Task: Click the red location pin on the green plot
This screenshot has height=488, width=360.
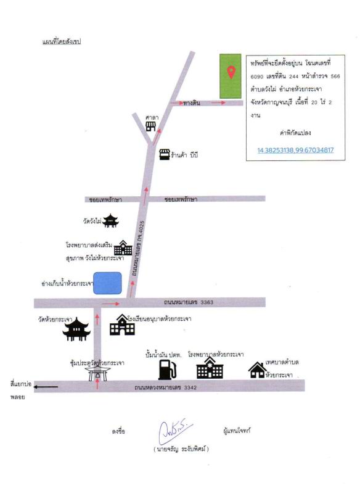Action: point(231,72)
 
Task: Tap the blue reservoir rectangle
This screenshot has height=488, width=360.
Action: point(107,283)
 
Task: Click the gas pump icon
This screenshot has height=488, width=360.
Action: point(167,370)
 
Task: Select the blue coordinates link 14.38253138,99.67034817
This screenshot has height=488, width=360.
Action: point(295,150)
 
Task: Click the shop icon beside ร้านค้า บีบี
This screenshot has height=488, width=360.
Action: point(165,154)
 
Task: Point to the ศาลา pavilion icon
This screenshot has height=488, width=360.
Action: point(151,126)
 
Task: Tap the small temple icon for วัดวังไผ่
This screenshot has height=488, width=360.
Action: point(110,221)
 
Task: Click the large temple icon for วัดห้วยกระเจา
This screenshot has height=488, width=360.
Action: point(76,329)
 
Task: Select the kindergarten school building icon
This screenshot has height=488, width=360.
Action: point(122,325)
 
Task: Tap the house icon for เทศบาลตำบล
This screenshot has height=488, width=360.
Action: point(258,370)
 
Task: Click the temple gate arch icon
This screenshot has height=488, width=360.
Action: point(97,373)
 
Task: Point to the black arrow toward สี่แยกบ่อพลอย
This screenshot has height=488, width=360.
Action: point(46,387)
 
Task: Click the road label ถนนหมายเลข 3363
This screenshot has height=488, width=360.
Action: point(189,302)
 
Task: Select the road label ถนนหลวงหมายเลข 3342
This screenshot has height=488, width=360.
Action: point(165,387)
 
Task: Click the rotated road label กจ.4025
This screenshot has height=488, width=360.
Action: point(142,226)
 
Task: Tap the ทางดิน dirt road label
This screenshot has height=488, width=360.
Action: point(192,102)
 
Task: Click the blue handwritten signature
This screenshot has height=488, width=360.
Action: point(174,431)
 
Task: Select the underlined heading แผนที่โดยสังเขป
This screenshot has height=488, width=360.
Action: point(62,41)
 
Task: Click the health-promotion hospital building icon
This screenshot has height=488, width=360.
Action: point(123,248)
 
